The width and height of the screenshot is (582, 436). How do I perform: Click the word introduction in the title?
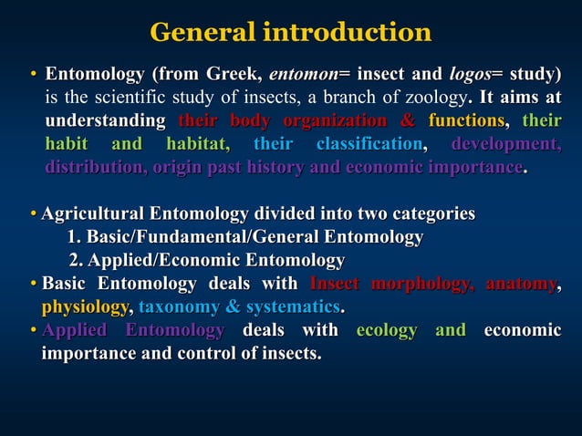click(x=347, y=33)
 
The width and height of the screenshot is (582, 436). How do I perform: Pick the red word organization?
click(x=335, y=121)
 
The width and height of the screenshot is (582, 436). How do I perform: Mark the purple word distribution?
click(x=93, y=169)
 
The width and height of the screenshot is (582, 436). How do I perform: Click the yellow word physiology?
click(x=86, y=307)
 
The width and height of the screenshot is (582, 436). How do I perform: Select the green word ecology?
click(x=387, y=330)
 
